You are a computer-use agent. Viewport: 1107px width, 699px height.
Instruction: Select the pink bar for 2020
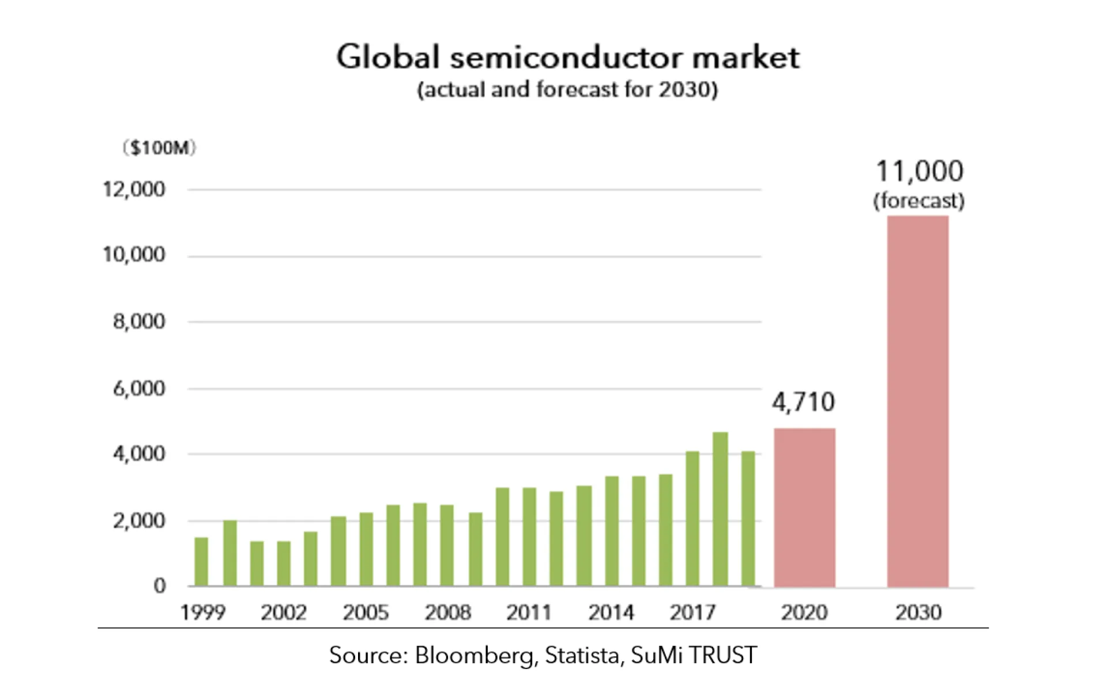(x=804, y=508)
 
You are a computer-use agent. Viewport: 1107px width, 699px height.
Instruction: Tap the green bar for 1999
(x=201, y=562)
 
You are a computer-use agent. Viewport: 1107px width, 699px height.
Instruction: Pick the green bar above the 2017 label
(x=692, y=519)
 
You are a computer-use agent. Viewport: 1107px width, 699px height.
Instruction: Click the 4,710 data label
(x=803, y=402)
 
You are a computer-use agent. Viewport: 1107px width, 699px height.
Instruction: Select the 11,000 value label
(x=919, y=171)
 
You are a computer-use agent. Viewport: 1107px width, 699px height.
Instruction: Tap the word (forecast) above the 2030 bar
(x=918, y=201)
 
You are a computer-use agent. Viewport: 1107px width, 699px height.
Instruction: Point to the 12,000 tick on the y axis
(x=134, y=189)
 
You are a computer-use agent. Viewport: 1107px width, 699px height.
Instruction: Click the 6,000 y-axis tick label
(x=139, y=389)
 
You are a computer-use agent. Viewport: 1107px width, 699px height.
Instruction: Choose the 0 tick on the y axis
(x=160, y=586)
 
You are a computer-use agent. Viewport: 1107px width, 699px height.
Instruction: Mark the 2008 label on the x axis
(x=447, y=612)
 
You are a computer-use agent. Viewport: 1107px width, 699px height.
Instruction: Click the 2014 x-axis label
(x=611, y=612)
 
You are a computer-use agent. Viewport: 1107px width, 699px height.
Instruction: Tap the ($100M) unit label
(x=160, y=148)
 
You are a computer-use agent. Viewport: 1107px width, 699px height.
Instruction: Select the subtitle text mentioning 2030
(x=567, y=90)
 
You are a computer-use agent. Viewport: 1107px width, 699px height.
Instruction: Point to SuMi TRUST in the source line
(x=694, y=655)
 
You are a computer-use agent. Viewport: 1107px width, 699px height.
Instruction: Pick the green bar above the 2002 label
(x=284, y=564)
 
